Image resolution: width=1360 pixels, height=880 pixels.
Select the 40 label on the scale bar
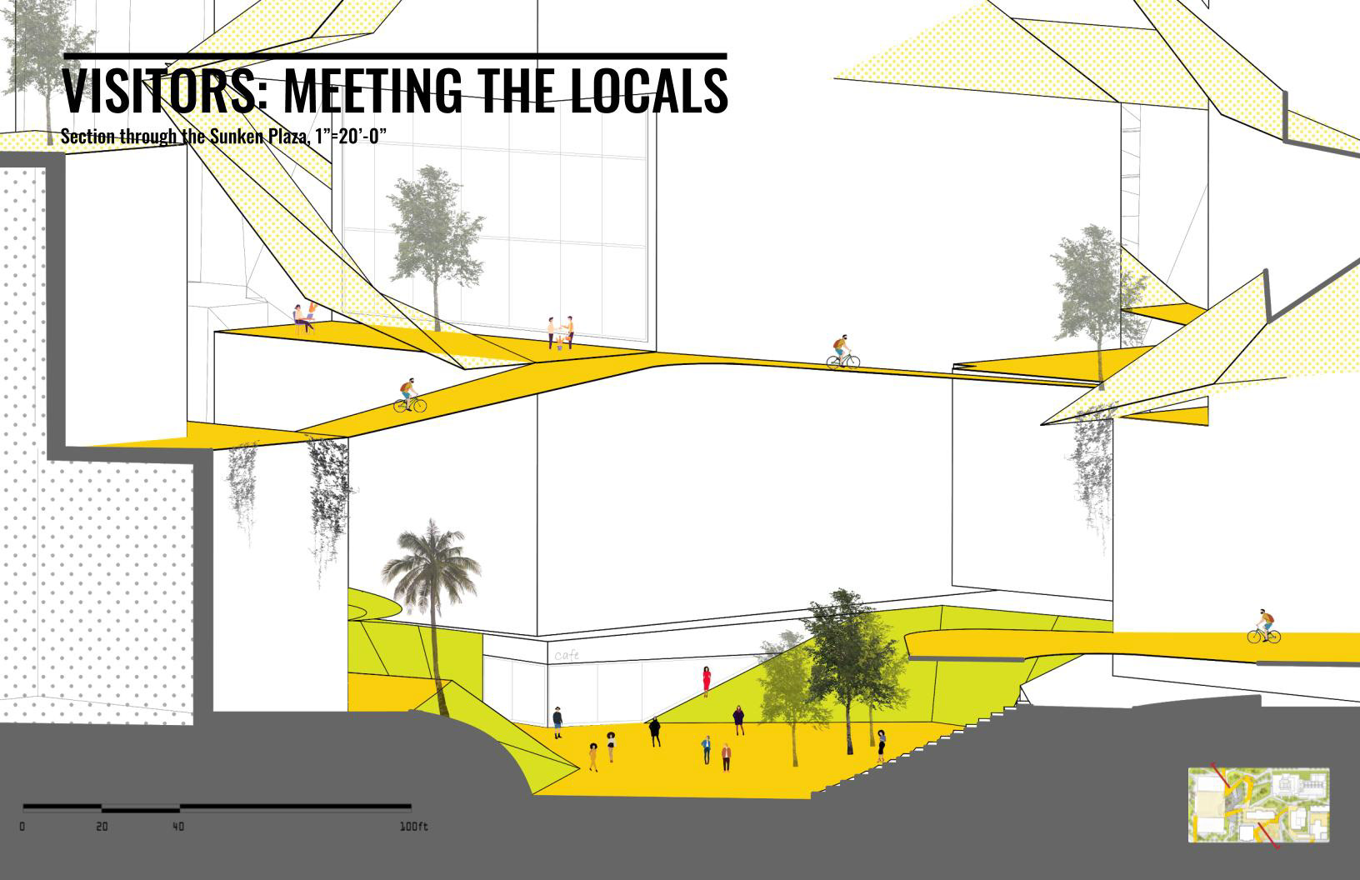point(178,827)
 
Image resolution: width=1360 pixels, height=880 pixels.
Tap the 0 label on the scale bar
point(22,827)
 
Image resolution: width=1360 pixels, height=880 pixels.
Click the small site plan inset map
point(1258,806)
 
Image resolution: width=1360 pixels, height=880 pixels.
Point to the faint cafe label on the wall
point(567,656)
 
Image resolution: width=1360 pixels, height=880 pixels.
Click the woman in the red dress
point(707,681)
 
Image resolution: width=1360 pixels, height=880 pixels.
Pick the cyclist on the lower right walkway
point(1264,626)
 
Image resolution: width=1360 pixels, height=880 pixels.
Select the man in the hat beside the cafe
point(557,721)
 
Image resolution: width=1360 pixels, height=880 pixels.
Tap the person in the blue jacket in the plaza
point(706,747)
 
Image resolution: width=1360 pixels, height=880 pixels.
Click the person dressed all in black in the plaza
point(655,732)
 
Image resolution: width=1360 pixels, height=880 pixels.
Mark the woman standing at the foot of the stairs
point(881,745)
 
